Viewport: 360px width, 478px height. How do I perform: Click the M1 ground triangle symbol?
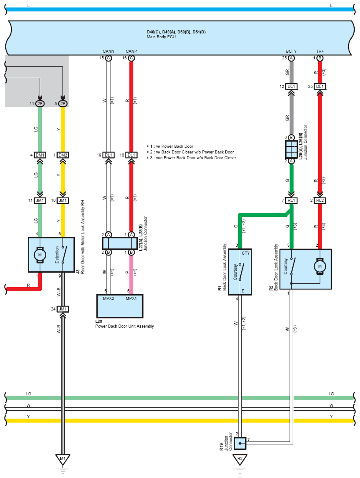point(62,459)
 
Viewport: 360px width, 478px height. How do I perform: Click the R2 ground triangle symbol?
point(240,459)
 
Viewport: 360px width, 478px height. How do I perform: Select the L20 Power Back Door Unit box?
point(120,306)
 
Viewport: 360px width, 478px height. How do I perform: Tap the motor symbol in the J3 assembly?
point(40,255)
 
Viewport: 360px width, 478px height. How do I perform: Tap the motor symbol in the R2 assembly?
point(320,266)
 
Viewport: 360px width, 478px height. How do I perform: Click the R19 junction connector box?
point(240,443)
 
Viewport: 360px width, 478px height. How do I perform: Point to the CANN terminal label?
point(108,51)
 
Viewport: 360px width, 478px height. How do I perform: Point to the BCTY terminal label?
point(291,51)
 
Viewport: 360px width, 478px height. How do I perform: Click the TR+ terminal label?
point(320,51)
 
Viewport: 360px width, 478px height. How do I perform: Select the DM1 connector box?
point(40,155)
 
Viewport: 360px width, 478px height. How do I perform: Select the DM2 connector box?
point(62,155)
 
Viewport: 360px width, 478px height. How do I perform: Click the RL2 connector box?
point(320,201)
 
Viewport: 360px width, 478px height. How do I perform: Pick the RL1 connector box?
point(291,201)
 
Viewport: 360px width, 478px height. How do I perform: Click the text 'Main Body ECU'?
point(161,37)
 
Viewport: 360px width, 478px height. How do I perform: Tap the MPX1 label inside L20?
point(131,299)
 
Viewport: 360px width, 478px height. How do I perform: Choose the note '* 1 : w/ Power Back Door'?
point(170,146)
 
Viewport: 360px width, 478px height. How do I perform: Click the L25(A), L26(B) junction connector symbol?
point(291,149)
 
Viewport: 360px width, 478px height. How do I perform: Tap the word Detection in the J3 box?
point(57,255)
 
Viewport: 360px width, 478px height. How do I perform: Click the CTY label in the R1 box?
point(246,253)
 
